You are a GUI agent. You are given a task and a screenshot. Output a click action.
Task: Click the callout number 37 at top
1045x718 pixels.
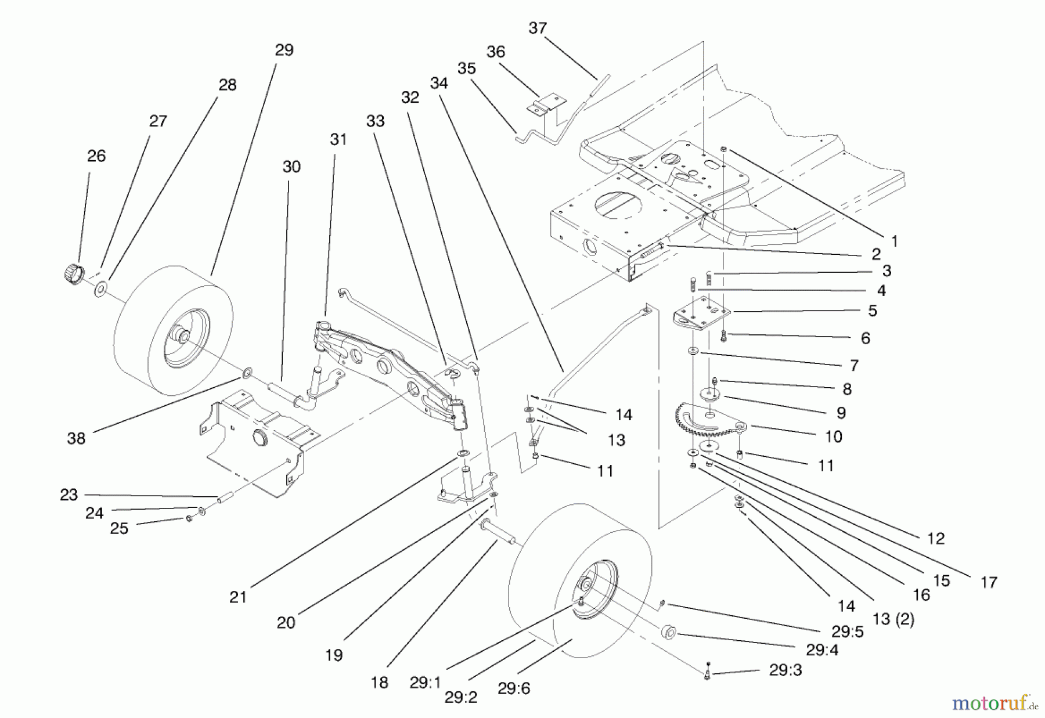(x=538, y=28)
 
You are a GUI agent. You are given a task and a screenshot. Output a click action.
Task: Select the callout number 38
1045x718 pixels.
(x=76, y=439)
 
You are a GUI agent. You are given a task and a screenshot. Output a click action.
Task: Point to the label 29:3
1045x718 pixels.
(x=785, y=670)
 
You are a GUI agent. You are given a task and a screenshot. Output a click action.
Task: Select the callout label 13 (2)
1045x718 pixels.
(x=893, y=619)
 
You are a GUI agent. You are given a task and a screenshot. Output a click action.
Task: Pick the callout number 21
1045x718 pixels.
(x=238, y=597)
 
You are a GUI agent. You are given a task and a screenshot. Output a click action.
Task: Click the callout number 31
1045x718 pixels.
(x=338, y=139)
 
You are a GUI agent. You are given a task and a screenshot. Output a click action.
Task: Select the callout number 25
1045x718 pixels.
(x=119, y=528)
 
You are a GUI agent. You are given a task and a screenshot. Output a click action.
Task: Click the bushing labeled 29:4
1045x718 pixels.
(x=668, y=633)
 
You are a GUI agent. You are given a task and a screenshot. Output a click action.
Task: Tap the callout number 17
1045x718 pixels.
(x=988, y=582)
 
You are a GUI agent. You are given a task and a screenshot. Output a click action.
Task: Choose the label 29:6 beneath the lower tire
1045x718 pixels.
(x=513, y=689)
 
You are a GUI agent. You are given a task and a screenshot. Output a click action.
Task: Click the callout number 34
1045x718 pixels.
(x=439, y=84)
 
